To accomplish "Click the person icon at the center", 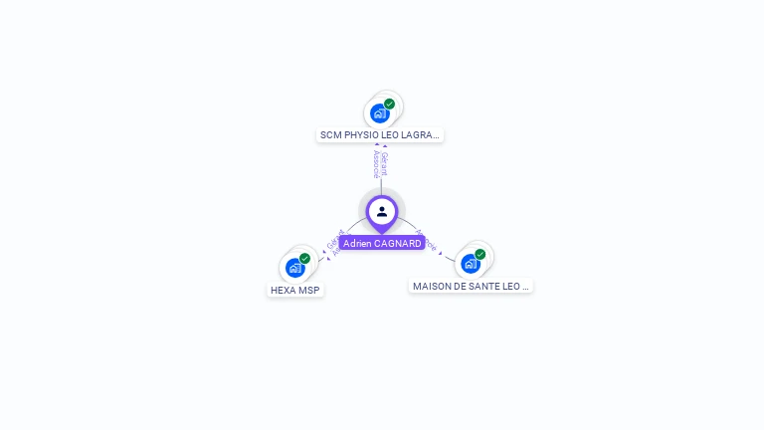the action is (382, 211).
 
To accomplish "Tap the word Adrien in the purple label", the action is (358, 244).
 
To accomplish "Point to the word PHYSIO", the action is (362, 134).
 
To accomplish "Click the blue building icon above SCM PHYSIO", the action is (379, 113).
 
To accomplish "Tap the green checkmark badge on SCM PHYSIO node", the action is (390, 104).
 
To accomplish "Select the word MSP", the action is (310, 291).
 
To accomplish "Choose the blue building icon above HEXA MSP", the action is (294, 268).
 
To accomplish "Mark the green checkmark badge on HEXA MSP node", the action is (305, 258).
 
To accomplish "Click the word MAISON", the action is (433, 287).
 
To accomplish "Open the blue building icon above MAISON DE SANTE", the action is (470, 264).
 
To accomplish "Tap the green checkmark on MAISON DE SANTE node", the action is (480, 254).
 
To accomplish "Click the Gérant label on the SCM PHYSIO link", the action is (385, 164).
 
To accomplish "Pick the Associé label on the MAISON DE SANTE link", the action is (426, 240).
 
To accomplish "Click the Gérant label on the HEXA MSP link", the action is (333, 239).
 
